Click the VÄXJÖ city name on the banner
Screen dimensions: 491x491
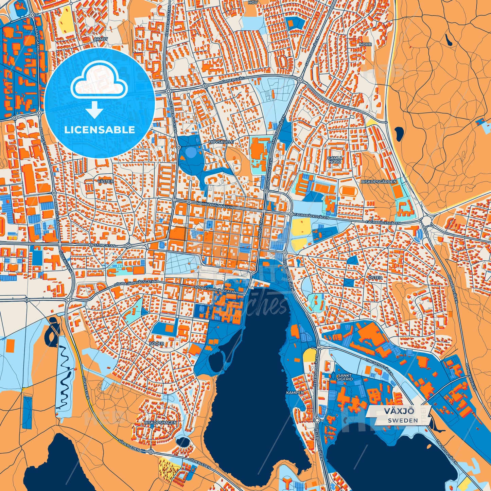[x=399, y=411]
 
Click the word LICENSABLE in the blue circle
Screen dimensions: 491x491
[x=100, y=130]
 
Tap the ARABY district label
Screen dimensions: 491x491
[x=101, y=39]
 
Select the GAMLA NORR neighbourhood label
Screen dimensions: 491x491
[x=335, y=160]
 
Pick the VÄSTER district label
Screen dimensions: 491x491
[x=105, y=181]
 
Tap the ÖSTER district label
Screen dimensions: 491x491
[x=375, y=278]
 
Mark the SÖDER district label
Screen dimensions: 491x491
[x=157, y=344]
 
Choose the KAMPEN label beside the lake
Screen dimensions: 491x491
[x=295, y=392]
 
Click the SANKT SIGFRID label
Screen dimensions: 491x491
[x=345, y=377]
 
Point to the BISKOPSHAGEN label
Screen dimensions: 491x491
[x=160, y=423]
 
